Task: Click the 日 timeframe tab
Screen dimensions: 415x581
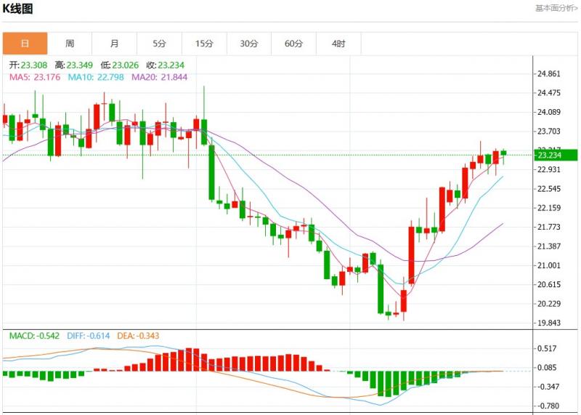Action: [25, 44]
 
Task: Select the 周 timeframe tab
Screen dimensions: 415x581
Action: [70, 44]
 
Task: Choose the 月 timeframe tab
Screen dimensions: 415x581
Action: [115, 44]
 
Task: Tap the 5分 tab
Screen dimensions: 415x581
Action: [159, 44]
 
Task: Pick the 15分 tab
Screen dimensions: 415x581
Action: [204, 44]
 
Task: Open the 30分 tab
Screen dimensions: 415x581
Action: [249, 44]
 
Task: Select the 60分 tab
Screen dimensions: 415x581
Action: [293, 44]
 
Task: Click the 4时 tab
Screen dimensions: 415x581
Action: [338, 44]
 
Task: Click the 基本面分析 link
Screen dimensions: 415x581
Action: [556, 8]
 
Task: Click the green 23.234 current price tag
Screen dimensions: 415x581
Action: [556, 155]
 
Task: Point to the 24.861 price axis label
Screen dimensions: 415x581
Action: [549, 74]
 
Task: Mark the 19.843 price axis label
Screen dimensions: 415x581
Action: [549, 323]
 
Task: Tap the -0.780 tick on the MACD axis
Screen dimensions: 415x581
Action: [548, 406]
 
